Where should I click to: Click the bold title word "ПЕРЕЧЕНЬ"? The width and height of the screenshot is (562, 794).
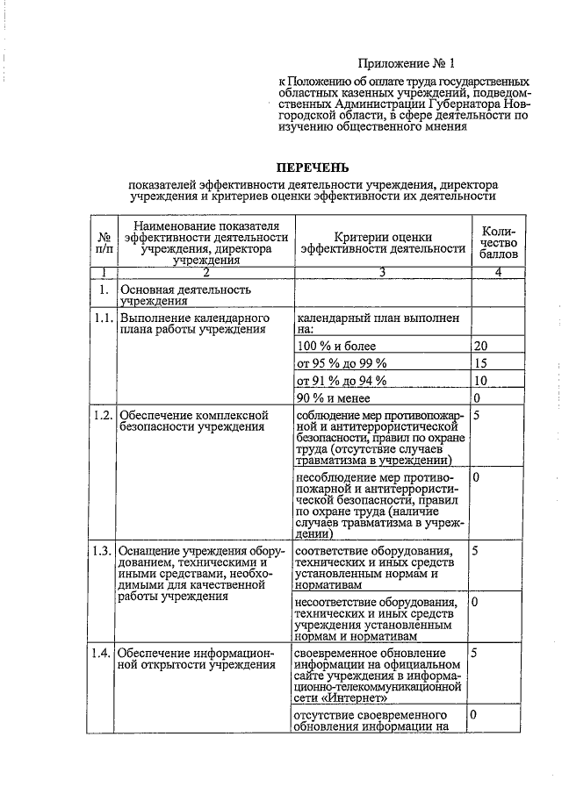tap(313, 167)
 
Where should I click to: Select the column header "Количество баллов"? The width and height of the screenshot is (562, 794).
tap(498, 242)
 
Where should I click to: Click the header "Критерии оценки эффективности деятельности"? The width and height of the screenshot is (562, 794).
tap(382, 242)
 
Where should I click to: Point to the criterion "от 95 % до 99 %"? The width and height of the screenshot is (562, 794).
tap(341, 363)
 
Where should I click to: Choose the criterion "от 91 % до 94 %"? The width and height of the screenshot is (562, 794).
tap(341, 381)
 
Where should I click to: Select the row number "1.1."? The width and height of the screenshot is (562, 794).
tap(103, 318)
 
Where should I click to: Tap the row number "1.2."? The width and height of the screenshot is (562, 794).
tap(103, 414)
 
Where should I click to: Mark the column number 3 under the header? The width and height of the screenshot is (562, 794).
tap(382, 271)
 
